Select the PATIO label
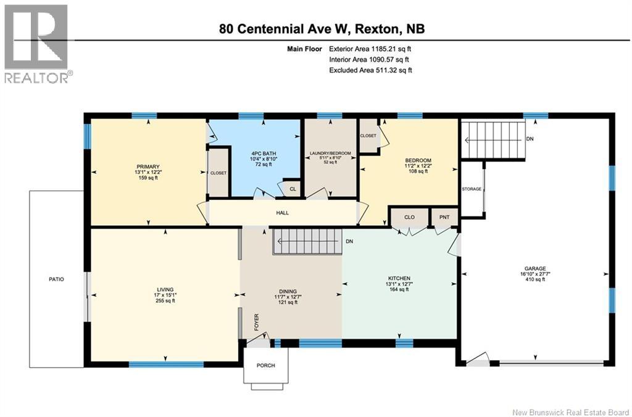[56, 279]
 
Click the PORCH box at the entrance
[266, 365]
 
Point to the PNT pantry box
[444, 217]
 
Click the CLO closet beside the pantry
[409, 217]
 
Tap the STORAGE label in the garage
[472, 188]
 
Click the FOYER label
[256, 323]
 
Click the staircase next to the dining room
[307, 241]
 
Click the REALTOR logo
[37, 43]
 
